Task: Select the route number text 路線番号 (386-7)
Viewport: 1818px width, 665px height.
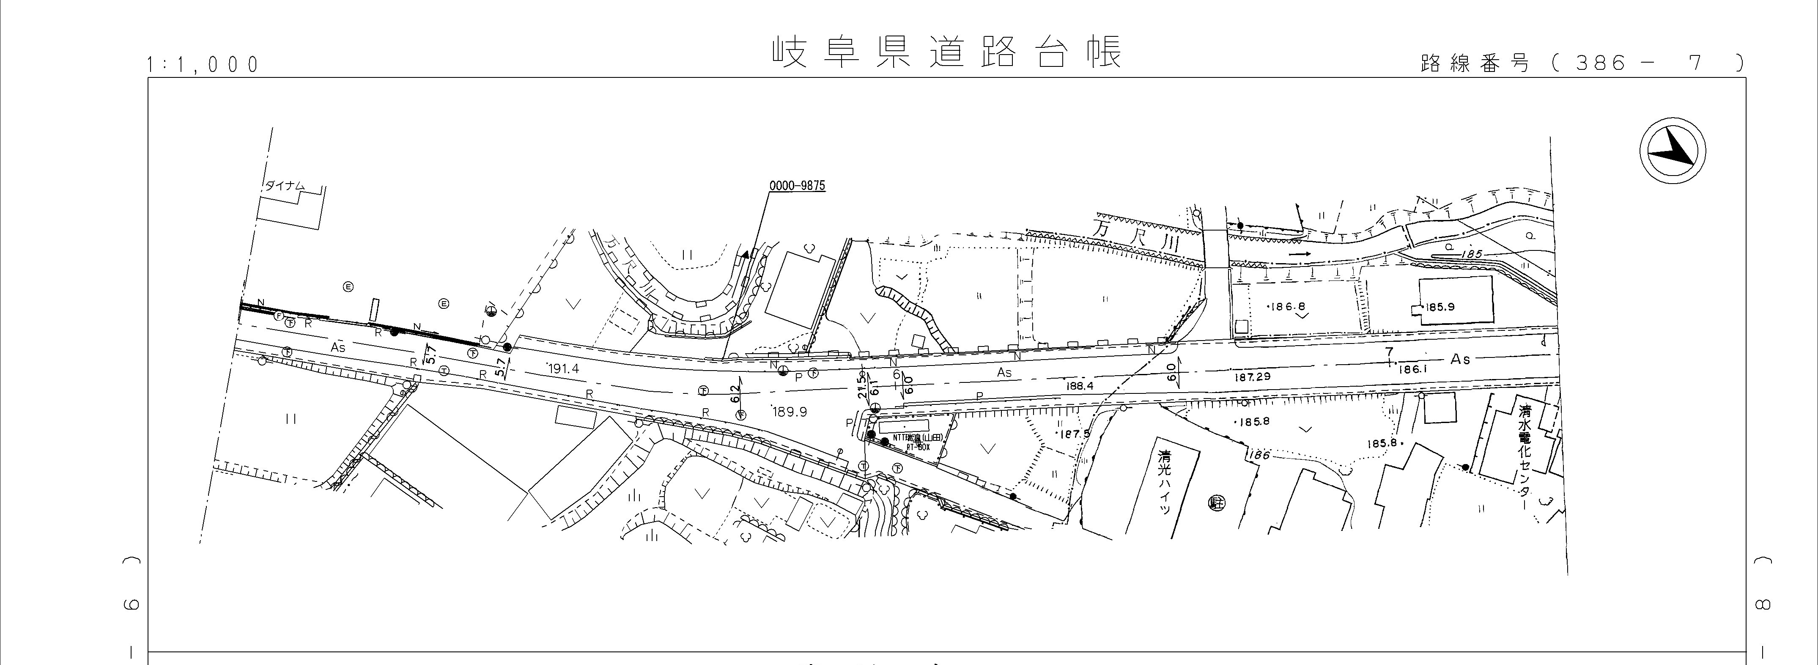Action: click(1581, 63)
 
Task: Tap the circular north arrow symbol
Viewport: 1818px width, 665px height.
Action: click(1672, 152)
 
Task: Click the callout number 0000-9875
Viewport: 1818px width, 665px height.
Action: click(797, 187)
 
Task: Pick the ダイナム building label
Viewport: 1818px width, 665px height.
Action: click(285, 186)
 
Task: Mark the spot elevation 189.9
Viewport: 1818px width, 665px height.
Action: click(789, 412)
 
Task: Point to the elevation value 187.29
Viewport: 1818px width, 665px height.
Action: click(1252, 377)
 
